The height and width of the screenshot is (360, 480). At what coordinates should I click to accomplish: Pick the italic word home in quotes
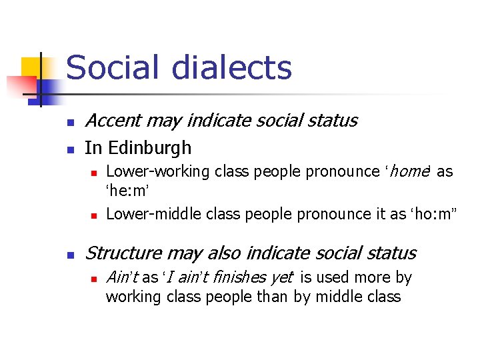407,171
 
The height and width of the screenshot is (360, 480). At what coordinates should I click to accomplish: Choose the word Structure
124,253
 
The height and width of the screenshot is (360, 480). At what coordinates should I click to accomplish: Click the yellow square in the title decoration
31,67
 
